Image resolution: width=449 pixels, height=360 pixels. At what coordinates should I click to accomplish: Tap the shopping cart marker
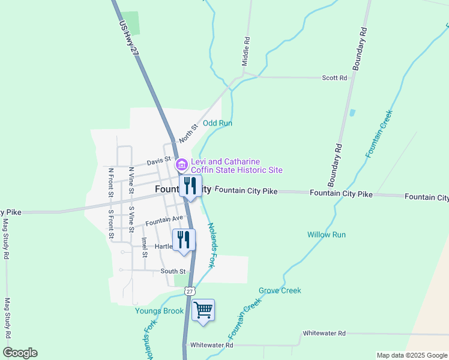(x=203, y=310)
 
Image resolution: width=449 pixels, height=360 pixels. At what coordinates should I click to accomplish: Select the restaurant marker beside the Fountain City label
(x=190, y=186)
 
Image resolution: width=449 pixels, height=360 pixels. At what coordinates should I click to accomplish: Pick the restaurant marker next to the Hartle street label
(x=184, y=240)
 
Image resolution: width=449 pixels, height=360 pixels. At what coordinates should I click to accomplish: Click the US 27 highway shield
(x=189, y=291)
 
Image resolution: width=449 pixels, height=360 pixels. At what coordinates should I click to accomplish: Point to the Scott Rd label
(x=334, y=78)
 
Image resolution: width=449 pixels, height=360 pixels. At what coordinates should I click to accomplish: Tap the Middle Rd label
(x=246, y=51)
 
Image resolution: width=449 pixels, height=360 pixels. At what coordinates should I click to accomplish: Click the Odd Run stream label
(x=217, y=123)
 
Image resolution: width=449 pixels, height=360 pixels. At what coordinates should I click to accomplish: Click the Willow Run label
(x=327, y=235)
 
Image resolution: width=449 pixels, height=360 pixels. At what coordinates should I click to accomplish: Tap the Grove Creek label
(x=280, y=290)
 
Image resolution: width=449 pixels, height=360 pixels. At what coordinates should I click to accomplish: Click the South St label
(x=173, y=271)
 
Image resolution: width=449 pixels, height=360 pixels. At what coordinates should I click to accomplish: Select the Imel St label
(x=145, y=247)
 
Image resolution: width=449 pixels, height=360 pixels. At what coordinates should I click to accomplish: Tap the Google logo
(x=20, y=352)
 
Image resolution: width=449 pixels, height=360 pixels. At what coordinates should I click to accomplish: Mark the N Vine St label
(x=130, y=178)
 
